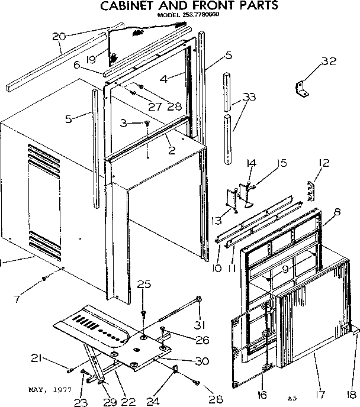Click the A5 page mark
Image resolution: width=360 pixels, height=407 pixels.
click(291, 397)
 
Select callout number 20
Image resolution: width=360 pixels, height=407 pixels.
click(59, 37)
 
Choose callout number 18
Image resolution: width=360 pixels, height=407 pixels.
click(352, 393)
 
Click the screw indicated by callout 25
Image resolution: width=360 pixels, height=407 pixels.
click(143, 312)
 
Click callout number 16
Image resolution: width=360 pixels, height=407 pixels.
click(262, 394)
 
